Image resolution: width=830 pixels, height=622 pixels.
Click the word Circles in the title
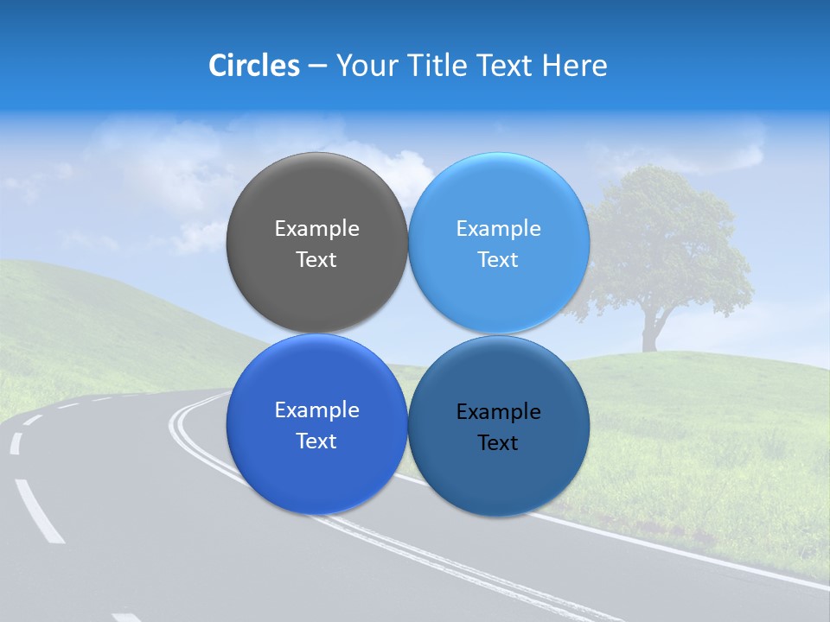[x=254, y=66]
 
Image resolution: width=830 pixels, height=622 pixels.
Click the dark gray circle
[x=316, y=199]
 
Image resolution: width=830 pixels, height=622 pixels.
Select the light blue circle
[x=499, y=199]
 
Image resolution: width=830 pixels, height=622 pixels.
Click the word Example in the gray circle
[x=316, y=229]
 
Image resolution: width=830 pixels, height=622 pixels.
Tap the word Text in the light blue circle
[x=498, y=260]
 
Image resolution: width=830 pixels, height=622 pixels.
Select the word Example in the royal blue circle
[x=316, y=410]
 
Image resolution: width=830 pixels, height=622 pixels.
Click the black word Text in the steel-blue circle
[x=498, y=443]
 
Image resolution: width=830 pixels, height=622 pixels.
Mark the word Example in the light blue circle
[x=498, y=229]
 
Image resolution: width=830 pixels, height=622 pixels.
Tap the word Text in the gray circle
[x=316, y=260]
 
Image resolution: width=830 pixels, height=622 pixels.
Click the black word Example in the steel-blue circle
[x=498, y=412]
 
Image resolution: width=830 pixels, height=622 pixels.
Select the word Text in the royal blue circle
[x=316, y=441]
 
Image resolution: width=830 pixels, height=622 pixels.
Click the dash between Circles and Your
[x=317, y=67]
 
